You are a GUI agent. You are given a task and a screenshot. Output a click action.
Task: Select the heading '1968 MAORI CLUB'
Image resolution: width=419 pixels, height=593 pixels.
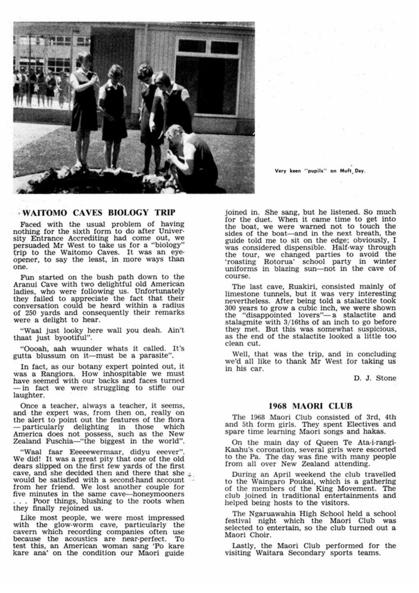[x=310, y=406]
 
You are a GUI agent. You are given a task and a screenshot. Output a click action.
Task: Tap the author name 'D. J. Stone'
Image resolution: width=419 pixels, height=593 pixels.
[x=375, y=378]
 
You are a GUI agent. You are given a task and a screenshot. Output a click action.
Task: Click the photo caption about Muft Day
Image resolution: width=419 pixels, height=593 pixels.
[x=321, y=171]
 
